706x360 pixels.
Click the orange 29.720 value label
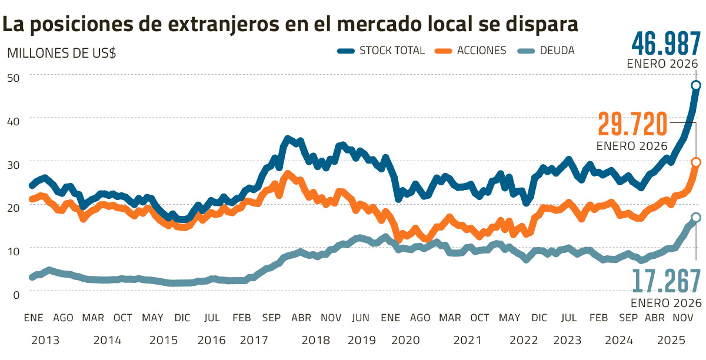[x=633, y=124]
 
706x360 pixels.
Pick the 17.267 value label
[x=667, y=281]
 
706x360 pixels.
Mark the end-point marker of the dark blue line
[x=696, y=86]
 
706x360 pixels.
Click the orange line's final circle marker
[x=696, y=162]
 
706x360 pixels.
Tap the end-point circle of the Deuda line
[x=696, y=218]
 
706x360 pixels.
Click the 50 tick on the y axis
[x=14, y=77]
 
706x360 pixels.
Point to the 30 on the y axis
[x=14, y=164]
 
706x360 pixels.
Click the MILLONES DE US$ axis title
[x=61, y=52]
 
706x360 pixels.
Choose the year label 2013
[x=45, y=340]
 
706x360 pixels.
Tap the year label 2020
[x=406, y=340]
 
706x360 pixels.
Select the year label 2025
[x=670, y=340]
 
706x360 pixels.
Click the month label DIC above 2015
[x=182, y=318]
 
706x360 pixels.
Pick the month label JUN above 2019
[x=361, y=318]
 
